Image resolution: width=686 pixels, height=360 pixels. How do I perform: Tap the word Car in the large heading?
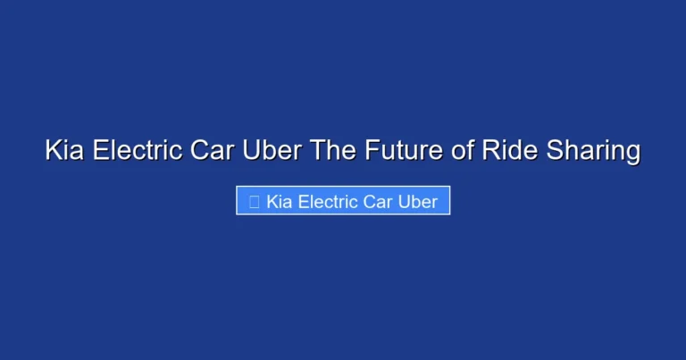click(x=207, y=151)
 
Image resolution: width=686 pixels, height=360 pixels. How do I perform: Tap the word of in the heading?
click(x=463, y=151)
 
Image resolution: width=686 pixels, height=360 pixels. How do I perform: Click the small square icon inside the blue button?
click(x=254, y=202)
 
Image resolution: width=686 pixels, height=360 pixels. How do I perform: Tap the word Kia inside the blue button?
click(x=279, y=202)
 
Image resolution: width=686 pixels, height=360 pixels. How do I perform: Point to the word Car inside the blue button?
click(x=377, y=202)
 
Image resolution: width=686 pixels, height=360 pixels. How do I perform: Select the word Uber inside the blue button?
click(x=417, y=202)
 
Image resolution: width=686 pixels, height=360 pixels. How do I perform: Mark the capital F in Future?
click(x=371, y=151)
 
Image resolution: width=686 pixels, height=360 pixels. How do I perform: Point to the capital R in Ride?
click(x=490, y=151)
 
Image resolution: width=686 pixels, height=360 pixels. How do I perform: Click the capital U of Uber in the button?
click(x=403, y=202)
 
